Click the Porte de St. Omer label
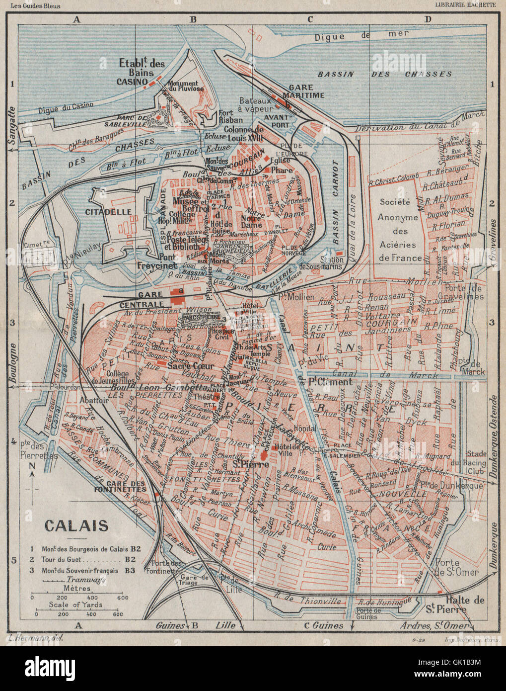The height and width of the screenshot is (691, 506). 457,567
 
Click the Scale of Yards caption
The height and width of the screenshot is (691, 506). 75,605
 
